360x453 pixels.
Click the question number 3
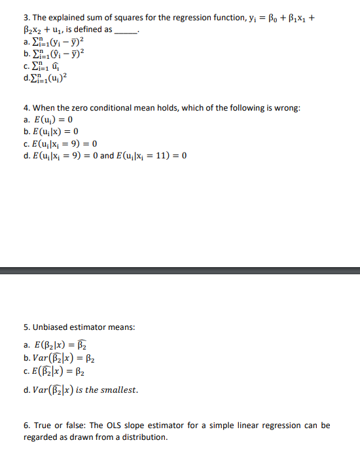(x=26, y=17)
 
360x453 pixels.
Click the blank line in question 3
(x=127, y=30)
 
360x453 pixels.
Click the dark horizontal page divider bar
(x=180, y=270)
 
